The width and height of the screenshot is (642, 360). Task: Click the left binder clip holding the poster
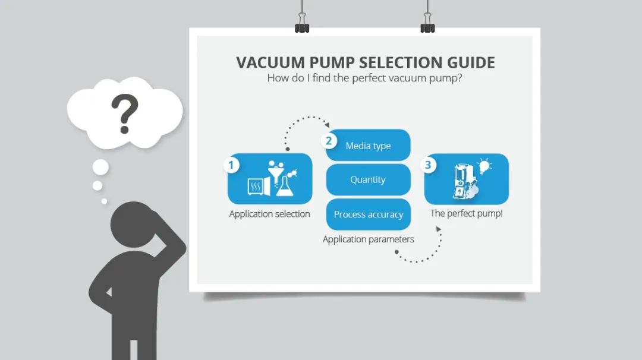302,27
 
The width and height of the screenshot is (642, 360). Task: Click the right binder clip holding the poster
427,27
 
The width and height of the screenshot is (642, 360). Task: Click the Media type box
368,146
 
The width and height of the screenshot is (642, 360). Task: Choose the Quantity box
368,179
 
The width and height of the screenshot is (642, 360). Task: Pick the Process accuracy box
368,214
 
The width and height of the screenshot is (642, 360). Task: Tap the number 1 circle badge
231,165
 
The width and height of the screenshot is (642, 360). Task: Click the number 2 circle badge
328,141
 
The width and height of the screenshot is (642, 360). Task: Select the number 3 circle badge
428,165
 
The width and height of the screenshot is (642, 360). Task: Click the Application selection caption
269,214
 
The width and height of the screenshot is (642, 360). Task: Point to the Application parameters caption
368,239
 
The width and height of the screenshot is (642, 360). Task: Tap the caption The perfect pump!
466,213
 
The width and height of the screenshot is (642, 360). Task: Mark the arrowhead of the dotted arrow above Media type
327,125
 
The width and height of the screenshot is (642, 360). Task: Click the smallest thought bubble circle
104,201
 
